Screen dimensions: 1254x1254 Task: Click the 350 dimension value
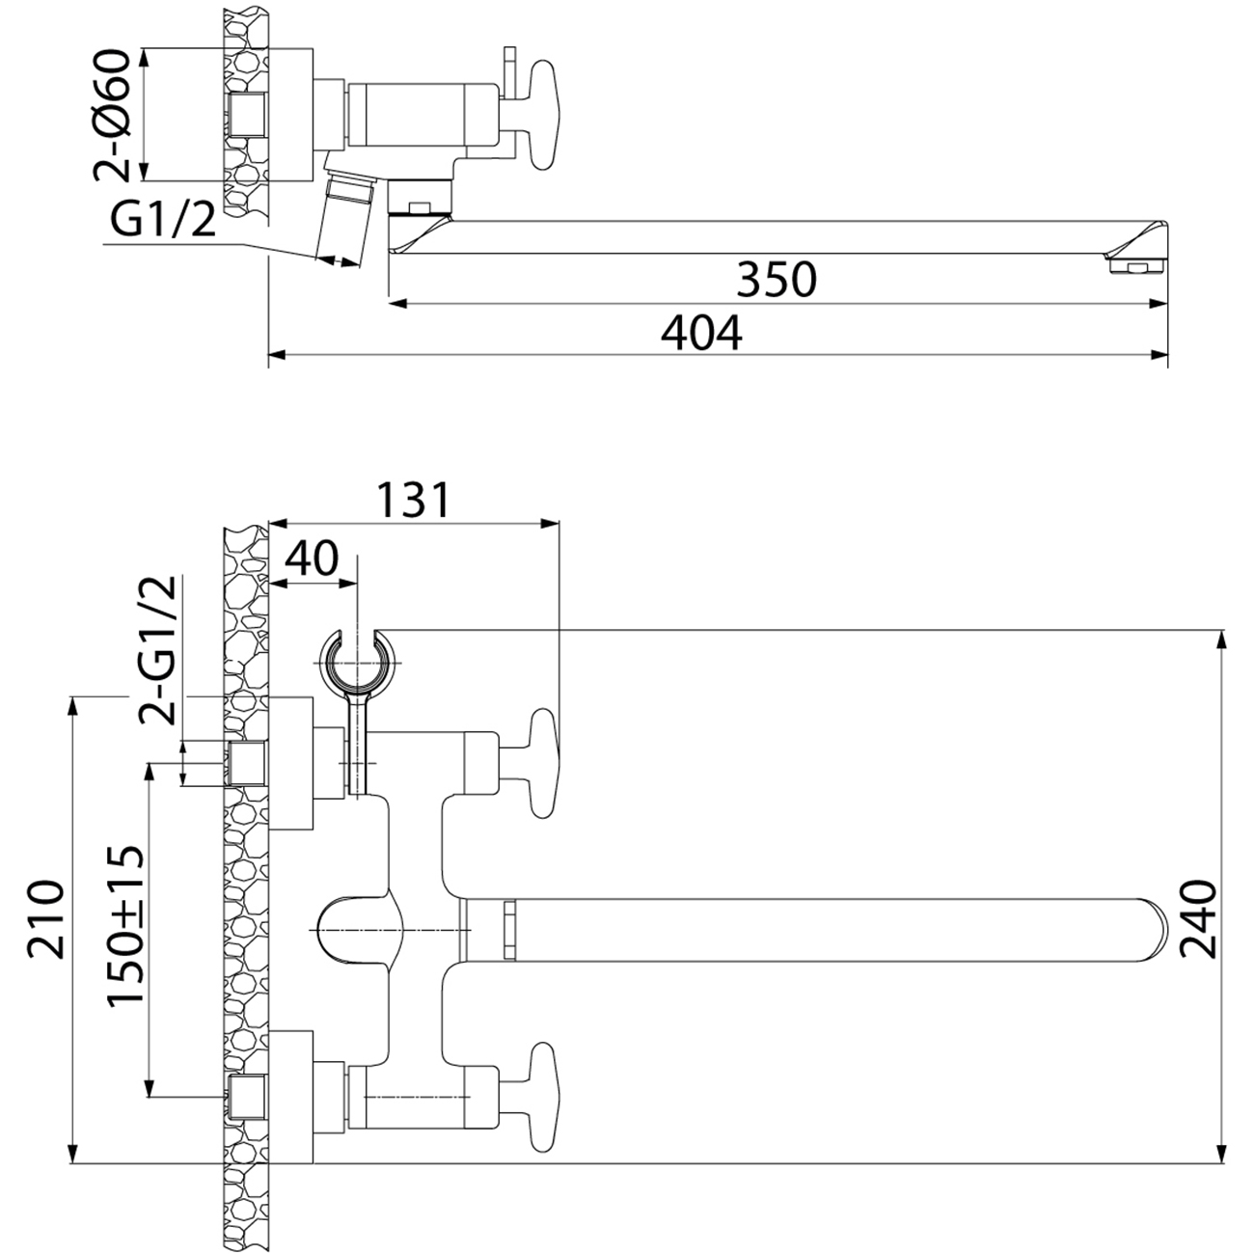pos(777,280)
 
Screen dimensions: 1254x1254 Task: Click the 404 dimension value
pos(701,334)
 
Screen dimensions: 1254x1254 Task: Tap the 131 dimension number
pos(412,501)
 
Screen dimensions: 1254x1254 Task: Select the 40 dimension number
pos(313,559)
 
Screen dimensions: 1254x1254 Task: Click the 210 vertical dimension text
pos(47,917)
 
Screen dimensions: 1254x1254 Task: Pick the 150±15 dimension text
pos(125,926)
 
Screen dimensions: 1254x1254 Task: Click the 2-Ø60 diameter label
pos(114,116)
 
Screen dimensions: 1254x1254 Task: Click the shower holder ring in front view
pos(358,659)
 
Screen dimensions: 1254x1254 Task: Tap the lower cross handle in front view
pos(542,1095)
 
